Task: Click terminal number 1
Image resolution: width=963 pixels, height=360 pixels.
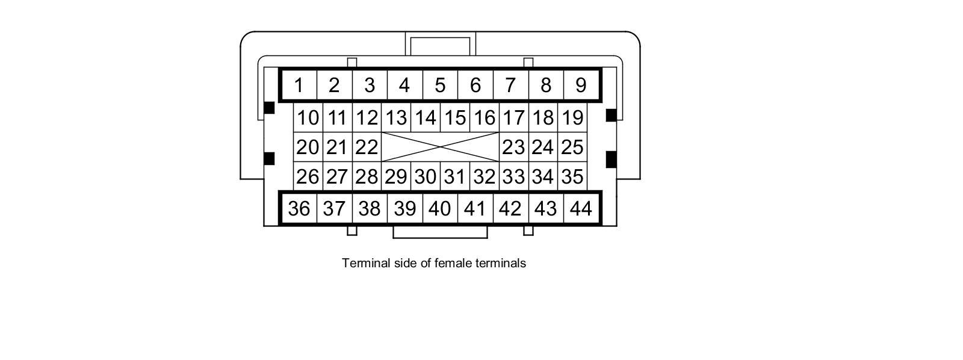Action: coord(299,85)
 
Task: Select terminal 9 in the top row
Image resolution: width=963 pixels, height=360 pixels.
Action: coord(581,85)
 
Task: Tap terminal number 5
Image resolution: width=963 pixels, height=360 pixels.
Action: coord(440,85)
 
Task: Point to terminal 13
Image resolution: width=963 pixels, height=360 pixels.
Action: coord(396,117)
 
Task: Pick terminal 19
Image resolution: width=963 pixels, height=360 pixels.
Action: coord(572,117)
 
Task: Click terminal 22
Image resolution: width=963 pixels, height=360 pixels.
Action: coord(367,147)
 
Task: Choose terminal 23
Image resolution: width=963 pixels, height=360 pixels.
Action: coord(513,147)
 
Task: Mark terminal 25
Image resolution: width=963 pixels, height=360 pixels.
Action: coord(572,147)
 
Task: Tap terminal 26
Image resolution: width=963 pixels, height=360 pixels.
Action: coord(308,176)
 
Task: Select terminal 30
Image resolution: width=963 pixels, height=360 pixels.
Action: coord(425,176)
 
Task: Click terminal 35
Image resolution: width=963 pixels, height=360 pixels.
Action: coord(572,176)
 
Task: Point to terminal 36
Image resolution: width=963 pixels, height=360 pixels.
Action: coord(299,208)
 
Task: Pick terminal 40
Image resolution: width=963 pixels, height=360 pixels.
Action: coord(440,208)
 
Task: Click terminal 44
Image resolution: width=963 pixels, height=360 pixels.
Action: coord(581,208)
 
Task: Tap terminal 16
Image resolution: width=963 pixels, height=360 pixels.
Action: coord(484,117)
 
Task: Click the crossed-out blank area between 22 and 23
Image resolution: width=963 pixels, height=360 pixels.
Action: coord(440,147)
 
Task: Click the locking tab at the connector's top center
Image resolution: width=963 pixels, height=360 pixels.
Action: coord(440,45)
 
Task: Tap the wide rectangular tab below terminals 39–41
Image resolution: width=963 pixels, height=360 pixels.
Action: coord(440,232)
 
